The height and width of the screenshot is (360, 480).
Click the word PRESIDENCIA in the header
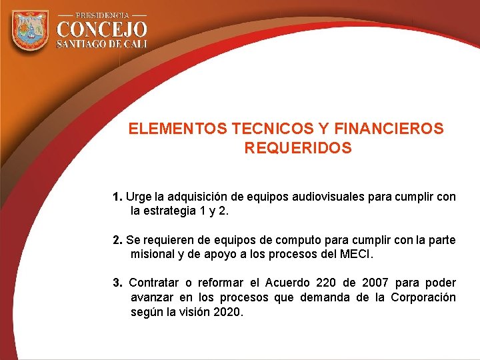click(102, 14)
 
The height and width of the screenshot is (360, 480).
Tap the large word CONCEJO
click(102, 29)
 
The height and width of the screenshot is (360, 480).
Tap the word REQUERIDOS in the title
click(298, 149)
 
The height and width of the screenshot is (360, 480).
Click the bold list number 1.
click(117, 197)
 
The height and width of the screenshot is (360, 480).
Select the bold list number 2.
click(117, 240)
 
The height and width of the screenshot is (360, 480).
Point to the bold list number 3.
click(117, 283)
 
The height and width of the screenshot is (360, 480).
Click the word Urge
click(139, 197)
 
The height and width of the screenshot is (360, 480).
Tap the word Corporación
click(423, 297)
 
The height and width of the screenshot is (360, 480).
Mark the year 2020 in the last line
click(228, 312)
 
